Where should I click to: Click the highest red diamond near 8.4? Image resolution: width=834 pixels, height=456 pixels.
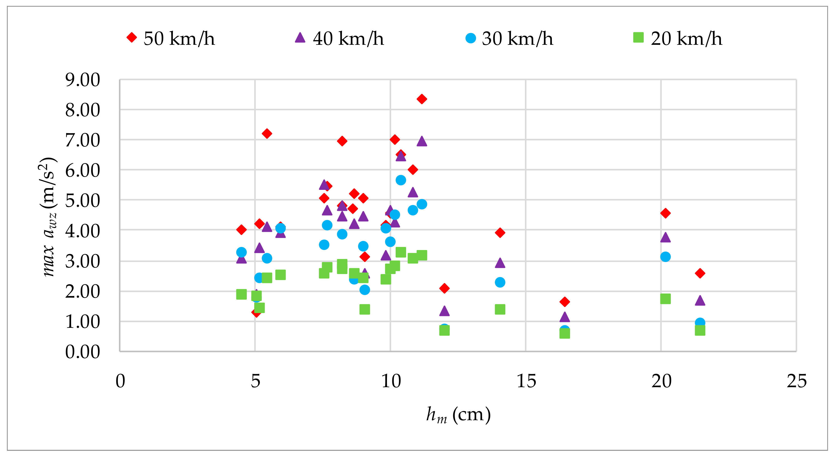point(421,99)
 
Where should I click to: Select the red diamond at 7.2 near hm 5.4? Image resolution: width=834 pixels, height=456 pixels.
point(267,133)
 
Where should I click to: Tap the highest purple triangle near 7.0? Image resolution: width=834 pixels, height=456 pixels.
point(421,141)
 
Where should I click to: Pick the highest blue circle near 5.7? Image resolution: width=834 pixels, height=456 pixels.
point(401,180)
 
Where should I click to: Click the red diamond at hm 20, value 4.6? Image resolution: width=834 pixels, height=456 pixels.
point(665,213)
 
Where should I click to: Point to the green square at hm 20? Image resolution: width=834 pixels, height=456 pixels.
point(665,299)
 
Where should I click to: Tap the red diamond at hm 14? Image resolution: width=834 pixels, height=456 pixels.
point(500,233)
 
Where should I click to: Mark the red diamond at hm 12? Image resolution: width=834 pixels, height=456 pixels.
point(444,288)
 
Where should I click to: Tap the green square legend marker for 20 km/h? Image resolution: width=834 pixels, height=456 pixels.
point(638,38)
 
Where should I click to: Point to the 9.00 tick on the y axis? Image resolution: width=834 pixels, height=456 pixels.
point(83,80)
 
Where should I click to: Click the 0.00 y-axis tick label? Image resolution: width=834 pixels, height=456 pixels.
point(83,352)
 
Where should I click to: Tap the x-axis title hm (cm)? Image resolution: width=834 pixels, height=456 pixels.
point(458,415)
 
